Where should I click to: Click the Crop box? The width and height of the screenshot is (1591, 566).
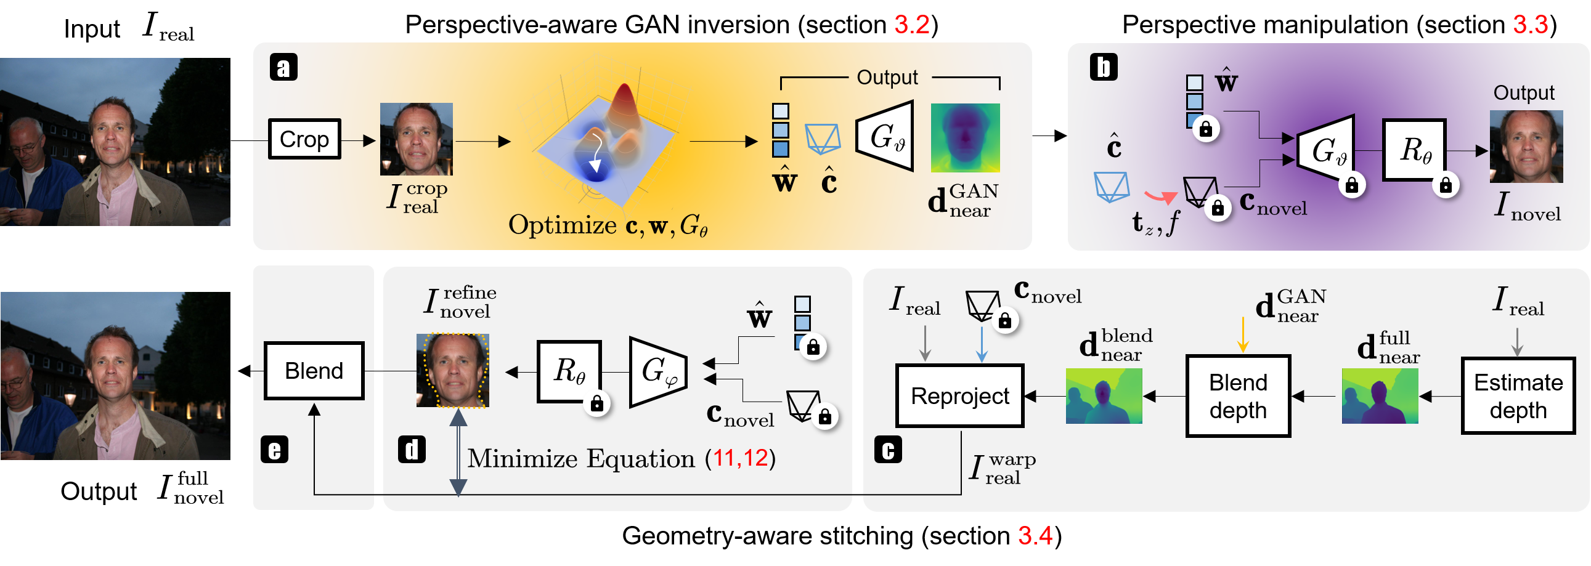(x=304, y=139)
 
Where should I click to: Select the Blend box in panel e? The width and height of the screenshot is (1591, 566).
(x=314, y=371)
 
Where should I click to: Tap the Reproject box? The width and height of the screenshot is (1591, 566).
(x=960, y=395)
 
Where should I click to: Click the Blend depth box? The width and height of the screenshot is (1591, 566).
(x=1238, y=396)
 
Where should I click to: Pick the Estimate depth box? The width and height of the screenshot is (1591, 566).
(x=1518, y=396)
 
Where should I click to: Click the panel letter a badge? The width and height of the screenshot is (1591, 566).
(x=283, y=67)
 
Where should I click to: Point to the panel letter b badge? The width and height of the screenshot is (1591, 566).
(x=1104, y=67)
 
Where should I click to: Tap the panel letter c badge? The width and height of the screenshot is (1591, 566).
(x=888, y=450)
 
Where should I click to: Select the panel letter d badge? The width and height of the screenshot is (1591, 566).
(x=412, y=450)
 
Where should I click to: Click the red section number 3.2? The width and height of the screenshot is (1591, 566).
(x=911, y=25)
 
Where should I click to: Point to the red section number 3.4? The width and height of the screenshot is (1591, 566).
(x=1035, y=535)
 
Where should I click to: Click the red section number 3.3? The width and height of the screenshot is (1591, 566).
(x=1530, y=25)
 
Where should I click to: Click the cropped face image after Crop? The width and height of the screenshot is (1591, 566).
(x=417, y=139)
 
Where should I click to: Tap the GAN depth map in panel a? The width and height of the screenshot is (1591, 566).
(x=965, y=137)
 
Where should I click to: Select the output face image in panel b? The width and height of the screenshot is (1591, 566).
(x=1526, y=147)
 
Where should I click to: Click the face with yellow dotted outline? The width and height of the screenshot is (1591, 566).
(x=453, y=370)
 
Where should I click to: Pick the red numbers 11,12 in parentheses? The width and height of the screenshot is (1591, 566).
(x=740, y=458)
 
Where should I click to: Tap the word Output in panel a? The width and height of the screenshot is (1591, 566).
(x=887, y=78)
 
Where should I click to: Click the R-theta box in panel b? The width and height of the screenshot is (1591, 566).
(x=1414, y=150)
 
